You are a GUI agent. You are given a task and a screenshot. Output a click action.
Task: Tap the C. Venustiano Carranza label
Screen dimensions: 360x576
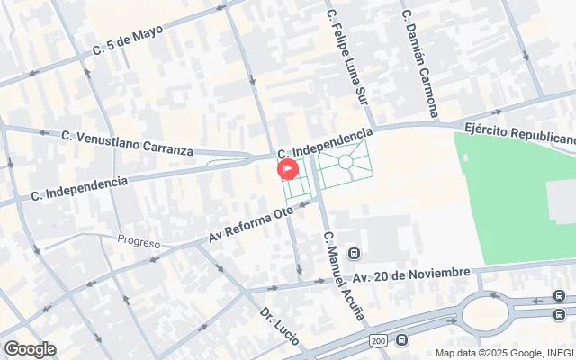click(127, 142)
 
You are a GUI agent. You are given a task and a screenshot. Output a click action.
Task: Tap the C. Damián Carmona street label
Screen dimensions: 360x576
click(419, 64)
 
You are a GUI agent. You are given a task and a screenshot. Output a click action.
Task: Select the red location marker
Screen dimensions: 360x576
click(287, 168)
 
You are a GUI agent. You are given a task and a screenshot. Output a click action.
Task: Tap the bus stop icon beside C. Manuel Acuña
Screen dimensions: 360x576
click(355, 253)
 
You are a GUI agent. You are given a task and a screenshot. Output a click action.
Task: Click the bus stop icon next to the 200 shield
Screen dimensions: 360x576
click(401, 340)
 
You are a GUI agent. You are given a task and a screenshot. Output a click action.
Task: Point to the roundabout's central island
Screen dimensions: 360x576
click(492, 313)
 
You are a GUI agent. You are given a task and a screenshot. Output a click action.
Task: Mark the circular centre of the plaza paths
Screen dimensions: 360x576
click(346, 161)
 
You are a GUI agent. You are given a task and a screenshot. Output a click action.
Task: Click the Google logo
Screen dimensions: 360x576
click(30, 349)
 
